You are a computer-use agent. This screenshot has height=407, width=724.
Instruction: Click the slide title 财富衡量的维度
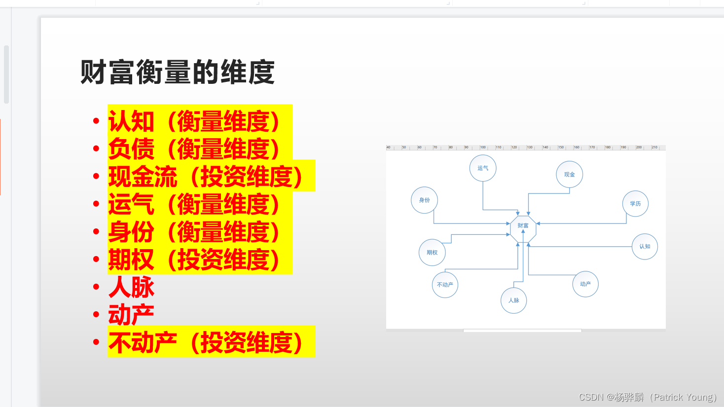178,73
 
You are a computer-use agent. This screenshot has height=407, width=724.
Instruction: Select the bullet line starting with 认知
194,121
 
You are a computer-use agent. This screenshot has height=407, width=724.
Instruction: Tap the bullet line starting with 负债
194,148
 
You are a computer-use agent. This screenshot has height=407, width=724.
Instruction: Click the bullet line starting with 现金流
206,176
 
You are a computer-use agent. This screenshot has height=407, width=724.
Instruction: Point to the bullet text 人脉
131,287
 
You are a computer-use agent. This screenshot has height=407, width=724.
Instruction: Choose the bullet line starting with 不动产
206,342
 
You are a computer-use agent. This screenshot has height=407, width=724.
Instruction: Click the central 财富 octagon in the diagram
523,225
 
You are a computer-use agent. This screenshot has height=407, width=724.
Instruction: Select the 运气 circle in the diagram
483,168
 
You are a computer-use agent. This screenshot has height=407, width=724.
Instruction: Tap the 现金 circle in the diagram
570,175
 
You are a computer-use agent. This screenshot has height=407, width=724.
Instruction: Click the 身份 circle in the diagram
424,200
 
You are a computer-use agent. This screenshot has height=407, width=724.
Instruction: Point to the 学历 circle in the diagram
635,204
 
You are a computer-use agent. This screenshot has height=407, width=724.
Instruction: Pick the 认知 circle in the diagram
645,247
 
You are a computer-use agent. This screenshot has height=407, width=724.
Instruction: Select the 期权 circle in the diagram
432,253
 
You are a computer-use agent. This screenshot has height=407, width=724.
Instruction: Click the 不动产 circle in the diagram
445,285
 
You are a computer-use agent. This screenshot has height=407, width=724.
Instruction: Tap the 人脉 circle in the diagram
514,300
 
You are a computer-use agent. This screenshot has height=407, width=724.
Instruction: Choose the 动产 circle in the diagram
585,284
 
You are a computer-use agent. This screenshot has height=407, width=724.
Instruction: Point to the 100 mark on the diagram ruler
483,148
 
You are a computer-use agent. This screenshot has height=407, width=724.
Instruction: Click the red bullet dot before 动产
96,314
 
